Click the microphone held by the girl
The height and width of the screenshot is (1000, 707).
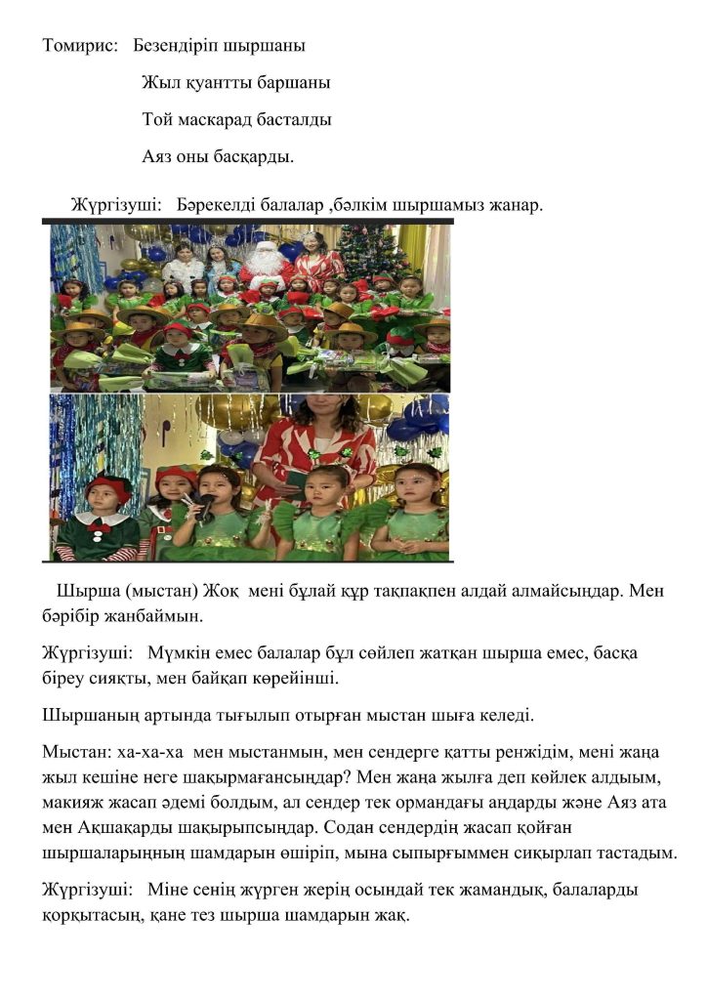(206, 505)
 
